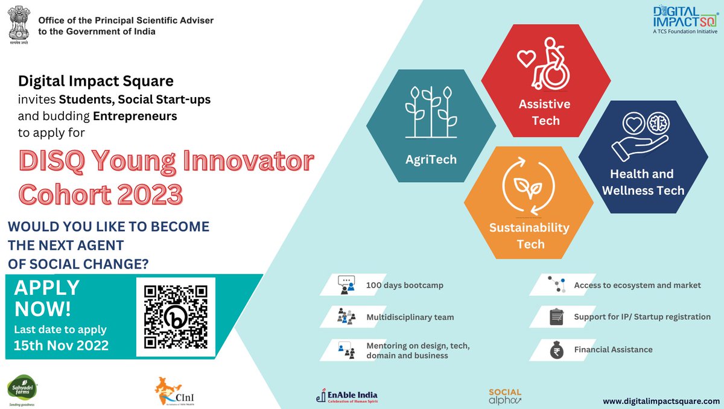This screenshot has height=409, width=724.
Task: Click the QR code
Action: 176,317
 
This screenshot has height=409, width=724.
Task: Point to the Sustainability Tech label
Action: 529,236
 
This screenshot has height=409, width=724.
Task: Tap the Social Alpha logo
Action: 505,396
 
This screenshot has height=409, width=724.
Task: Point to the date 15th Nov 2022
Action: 62,346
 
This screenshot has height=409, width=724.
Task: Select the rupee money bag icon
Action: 556,350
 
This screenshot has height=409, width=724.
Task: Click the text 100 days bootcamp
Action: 405,285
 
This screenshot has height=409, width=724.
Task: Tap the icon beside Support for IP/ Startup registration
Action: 556,317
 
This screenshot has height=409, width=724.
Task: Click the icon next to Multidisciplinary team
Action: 346,317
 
